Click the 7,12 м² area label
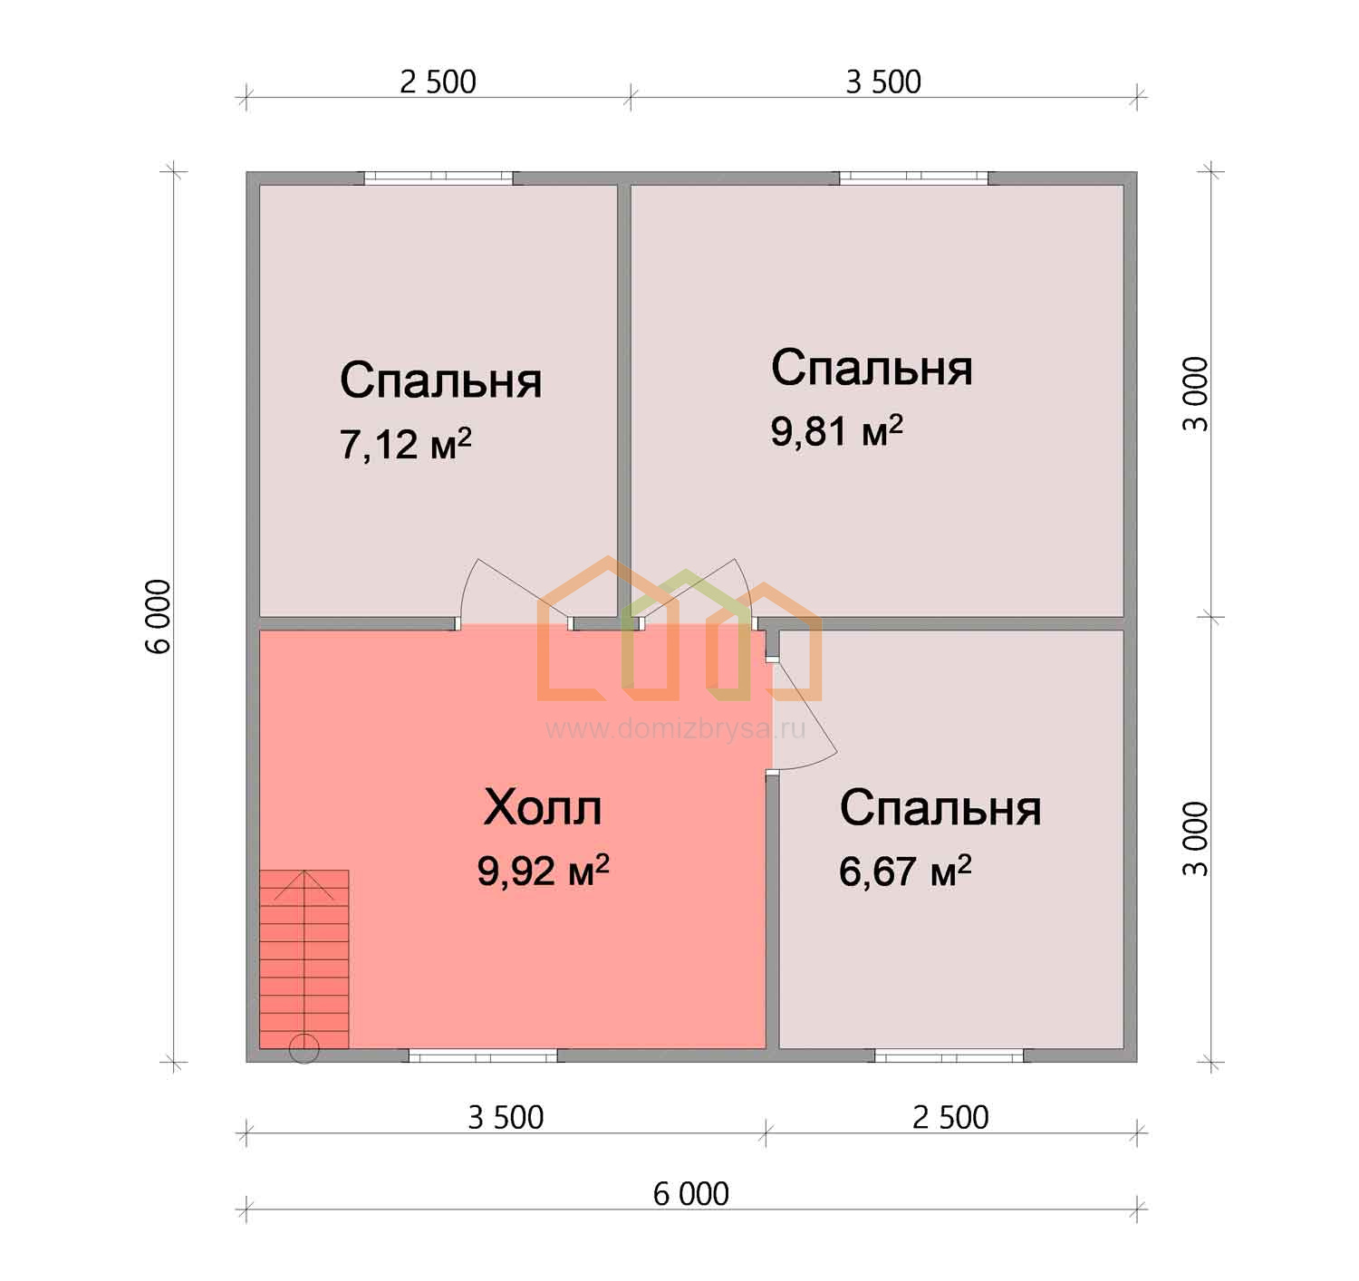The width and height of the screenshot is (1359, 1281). pos(405,444)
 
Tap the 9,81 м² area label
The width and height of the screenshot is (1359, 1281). pos(836,430)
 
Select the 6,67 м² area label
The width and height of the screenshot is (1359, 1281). pos(904,872)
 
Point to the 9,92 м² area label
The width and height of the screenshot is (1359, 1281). pos(543,872)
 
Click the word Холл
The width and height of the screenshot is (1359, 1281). pos(543,808)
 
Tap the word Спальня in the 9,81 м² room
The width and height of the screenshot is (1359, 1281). pos(871,368)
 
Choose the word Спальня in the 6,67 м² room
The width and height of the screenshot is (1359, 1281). pos(940,808)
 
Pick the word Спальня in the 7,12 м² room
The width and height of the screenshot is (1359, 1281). pos(440,380)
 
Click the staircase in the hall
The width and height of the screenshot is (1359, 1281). pos(304,959)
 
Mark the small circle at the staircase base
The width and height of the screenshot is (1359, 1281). pos(304,1048)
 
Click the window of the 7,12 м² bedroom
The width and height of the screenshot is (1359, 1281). pos(438,178)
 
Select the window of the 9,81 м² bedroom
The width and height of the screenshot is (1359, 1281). pos(913,178)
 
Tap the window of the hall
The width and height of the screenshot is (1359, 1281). pos(483,1055)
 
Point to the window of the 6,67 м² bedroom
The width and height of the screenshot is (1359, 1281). pos(949,1055)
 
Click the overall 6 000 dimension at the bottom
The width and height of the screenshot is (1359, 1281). pos(691,1194)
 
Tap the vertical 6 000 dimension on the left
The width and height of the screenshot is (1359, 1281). pos(158,617)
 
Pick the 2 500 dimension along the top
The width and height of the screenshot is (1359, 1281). pos(438,82)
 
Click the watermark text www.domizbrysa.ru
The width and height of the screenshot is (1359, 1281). pos(675,729)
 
